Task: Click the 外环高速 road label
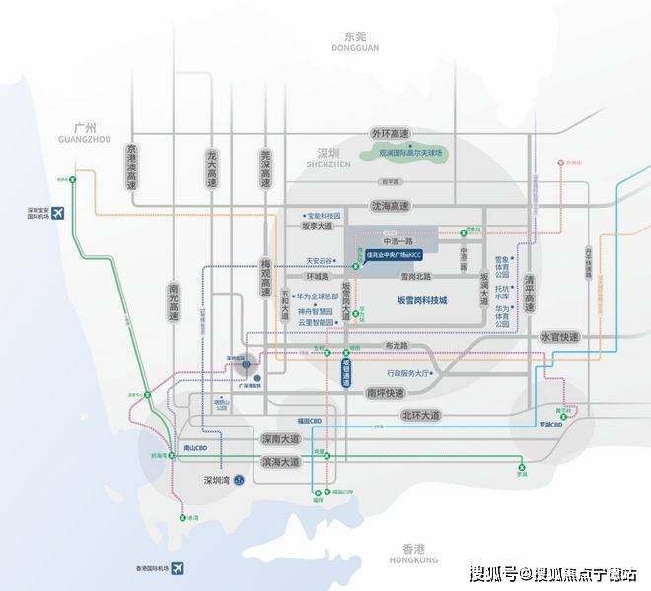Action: [390, 133]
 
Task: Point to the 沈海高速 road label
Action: [390, 206]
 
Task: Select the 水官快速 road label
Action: [561, 337]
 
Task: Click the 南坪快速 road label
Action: [385, 392]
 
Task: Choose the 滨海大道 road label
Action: [279, 461]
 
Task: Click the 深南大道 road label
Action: [279, 438]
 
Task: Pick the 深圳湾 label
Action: [215, 480]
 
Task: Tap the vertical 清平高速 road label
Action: [530, 285]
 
